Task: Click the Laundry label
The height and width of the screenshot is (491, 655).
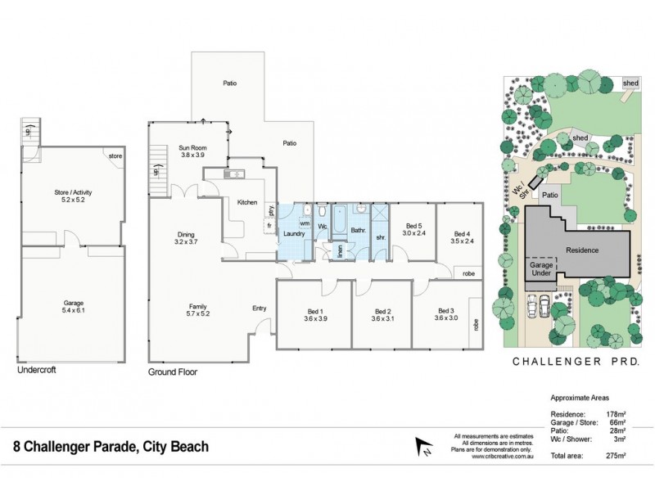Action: click(294, 234)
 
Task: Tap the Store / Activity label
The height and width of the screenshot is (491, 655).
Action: click(72, 192)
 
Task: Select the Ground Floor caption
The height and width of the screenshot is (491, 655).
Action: click(173, 371)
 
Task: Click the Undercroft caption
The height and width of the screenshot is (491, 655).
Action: click(37, 371)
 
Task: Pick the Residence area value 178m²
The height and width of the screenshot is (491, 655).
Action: click(615, 415)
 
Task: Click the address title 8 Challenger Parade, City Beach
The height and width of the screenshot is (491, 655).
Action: click(111, 447)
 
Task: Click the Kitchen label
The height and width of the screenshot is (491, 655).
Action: click(247, 202)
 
